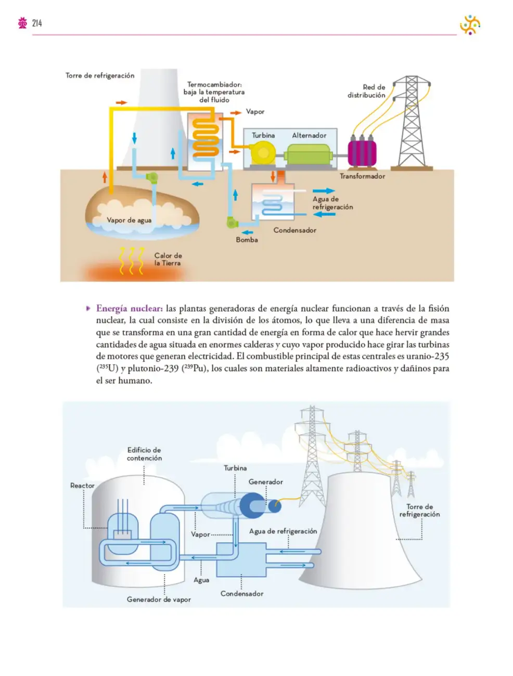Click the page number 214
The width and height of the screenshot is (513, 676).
point(37,23)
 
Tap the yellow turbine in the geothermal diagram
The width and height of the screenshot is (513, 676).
point(263,152)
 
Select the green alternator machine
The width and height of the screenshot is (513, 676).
point(308,154)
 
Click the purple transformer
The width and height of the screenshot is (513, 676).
point(362,152)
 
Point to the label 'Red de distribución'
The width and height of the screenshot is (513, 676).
point(366,91)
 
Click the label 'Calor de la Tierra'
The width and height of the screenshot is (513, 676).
point(168,259)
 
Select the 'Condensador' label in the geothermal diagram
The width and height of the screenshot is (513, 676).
point(294,230)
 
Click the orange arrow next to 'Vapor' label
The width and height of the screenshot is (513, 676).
point(236,113)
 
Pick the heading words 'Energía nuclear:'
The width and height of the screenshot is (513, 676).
point(130,308)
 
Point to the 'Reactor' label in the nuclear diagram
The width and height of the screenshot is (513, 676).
point(82,485)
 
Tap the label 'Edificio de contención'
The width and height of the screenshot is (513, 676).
point(144,453)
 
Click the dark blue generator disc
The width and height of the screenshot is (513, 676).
point(252,505)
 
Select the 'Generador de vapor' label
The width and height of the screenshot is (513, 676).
point(159,600)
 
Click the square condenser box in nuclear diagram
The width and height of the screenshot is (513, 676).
point(241,560)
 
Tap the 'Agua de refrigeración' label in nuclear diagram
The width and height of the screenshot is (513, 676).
point(283,531)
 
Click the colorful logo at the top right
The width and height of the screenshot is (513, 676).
point(470,24)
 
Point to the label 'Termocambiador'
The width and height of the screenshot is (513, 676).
point(214,84)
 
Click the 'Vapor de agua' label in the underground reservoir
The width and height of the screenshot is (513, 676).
point(129,220)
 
